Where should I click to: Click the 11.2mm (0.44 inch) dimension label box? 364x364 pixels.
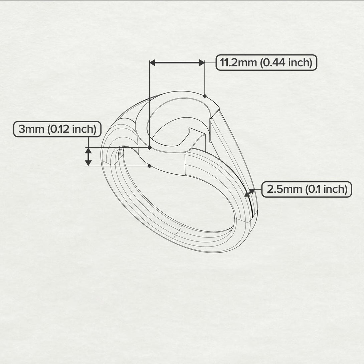[266, 62]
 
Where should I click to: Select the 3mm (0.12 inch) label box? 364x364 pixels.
[57, 129]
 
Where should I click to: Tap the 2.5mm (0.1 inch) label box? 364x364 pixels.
[306, 189]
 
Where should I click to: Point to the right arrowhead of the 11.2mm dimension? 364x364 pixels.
[201, 62]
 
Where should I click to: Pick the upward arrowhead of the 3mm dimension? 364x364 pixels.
[88, 151]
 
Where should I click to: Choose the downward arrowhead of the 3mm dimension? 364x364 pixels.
[88, 163]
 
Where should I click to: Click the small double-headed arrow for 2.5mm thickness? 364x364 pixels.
[249, 192]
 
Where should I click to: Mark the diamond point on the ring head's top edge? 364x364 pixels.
[204, 96]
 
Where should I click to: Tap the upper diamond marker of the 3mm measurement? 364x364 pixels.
[149, 147]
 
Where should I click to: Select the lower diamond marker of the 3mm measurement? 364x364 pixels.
[149, 166]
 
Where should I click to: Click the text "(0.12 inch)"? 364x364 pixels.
[72, 129]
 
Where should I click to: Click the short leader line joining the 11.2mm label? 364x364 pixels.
[210, 62]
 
